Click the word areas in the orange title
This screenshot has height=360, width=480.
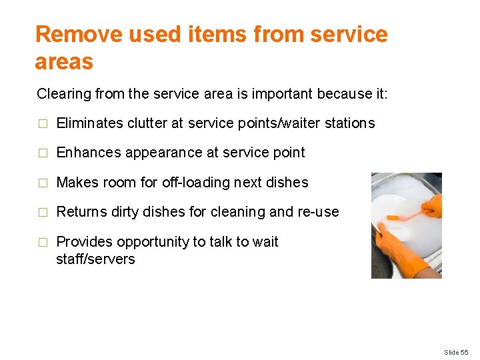click(64, 62)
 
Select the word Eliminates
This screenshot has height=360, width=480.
click(90, 123)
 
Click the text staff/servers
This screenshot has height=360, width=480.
click(95, 259)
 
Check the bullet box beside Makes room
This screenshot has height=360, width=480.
click(43, 183)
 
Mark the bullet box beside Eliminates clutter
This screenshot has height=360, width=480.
click(43, 124)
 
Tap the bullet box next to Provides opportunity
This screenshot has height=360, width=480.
click(43, 242)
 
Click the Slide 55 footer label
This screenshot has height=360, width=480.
click(457, 351)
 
